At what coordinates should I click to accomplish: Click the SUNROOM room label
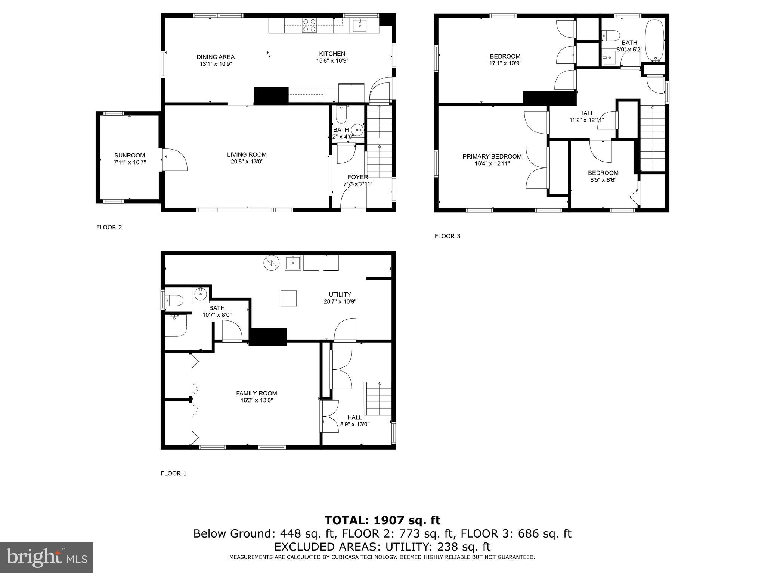129,155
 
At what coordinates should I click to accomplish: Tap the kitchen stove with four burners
309,25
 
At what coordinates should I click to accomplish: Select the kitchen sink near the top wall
360,25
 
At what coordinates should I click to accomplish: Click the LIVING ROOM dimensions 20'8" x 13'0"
247,162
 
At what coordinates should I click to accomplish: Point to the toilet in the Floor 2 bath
341,115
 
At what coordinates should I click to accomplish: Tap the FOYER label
357,177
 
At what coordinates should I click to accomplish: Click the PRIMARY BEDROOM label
492,156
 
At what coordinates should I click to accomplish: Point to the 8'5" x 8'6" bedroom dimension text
603,180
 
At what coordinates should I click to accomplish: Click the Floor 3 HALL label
586,113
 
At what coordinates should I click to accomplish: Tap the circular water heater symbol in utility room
272,263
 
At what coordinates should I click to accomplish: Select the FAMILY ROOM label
256,393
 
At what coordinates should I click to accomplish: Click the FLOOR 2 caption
109,227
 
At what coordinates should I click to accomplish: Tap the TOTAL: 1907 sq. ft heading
382,520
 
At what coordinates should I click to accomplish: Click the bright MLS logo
47,557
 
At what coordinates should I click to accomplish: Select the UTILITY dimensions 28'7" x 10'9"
340,301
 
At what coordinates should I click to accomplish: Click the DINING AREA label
216,57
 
